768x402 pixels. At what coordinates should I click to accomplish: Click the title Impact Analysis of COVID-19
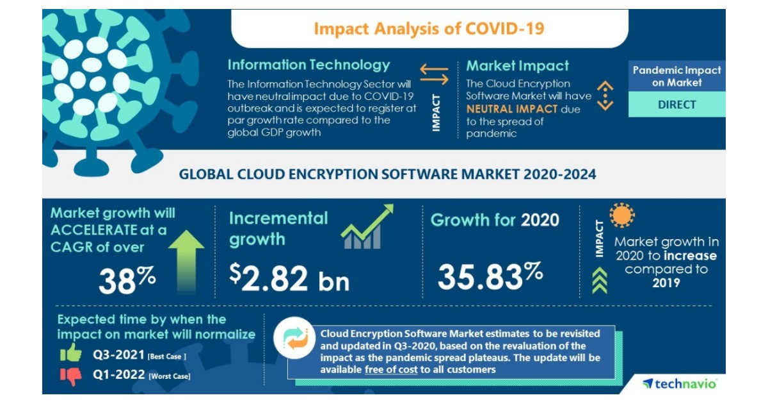tap(429, 29)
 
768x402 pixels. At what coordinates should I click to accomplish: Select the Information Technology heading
tap(308, 65)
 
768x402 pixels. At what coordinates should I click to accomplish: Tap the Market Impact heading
tap(517, 65)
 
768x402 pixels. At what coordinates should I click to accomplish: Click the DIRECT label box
tap(676, 105)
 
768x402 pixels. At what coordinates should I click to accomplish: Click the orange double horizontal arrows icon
tap(434, 74)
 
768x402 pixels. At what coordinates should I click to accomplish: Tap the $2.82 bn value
tap(289, 278)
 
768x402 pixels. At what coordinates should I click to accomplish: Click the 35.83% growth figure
tap(490, 275)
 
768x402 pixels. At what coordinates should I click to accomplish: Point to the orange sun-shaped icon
tap(621, 215)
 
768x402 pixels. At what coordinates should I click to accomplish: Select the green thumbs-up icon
tap(70, 353)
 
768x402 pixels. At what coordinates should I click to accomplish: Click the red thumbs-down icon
tap(70, 376)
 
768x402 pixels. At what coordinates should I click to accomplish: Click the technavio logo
tap(680, 383)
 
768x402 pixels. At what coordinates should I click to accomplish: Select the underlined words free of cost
tap(391, 370)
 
